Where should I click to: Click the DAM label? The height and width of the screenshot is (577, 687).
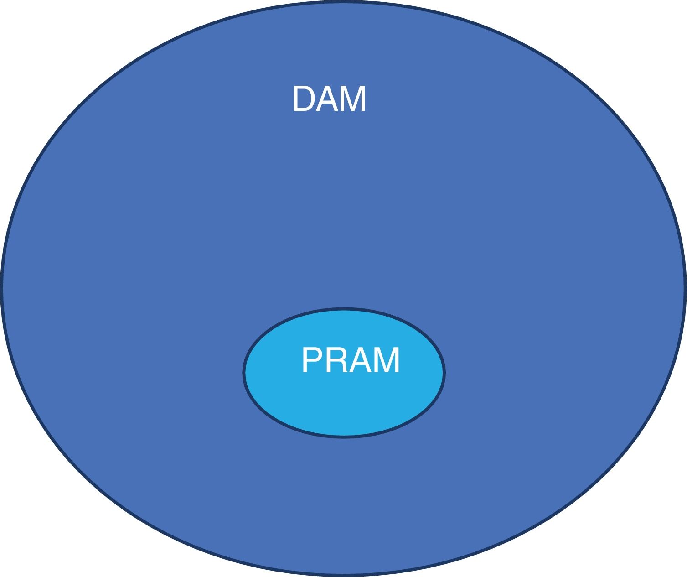329,99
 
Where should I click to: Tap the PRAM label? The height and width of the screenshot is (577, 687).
351,361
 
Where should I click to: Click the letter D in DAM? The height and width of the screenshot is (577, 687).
304,99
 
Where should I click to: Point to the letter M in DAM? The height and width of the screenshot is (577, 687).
353,99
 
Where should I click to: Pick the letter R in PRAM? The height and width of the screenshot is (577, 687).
337,361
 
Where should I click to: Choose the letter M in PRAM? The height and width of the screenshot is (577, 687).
387,361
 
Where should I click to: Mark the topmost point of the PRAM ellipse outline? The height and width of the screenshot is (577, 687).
344,309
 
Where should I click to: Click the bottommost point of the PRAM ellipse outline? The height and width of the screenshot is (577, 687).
344,437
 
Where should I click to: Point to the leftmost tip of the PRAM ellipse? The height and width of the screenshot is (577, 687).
244,373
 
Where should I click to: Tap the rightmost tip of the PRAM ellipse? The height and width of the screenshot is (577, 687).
444,373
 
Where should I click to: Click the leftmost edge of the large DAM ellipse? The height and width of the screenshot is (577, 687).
2,288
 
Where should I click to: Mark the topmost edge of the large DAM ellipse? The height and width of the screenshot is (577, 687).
343,2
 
